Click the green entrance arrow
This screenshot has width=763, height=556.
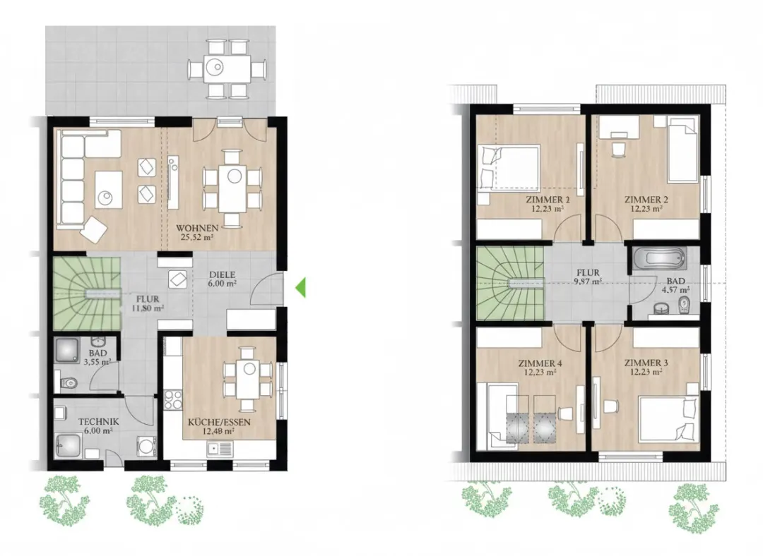tap(301, 287)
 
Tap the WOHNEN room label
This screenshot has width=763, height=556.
tap(196, 228)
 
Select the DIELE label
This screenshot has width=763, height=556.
tap(223, 275)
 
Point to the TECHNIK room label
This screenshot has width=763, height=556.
tap(99, 422)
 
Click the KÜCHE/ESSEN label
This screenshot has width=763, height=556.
tap(219, 422)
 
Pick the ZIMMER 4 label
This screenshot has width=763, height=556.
tap(540, 363)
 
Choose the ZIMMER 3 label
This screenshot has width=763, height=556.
tap(646, 363)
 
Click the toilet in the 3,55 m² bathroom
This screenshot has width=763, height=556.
tap(67, 383)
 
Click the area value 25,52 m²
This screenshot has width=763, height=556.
tap(196, 238)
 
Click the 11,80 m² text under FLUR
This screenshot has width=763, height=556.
tap(148, 308)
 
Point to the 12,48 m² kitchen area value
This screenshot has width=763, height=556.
tap(218, 431)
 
